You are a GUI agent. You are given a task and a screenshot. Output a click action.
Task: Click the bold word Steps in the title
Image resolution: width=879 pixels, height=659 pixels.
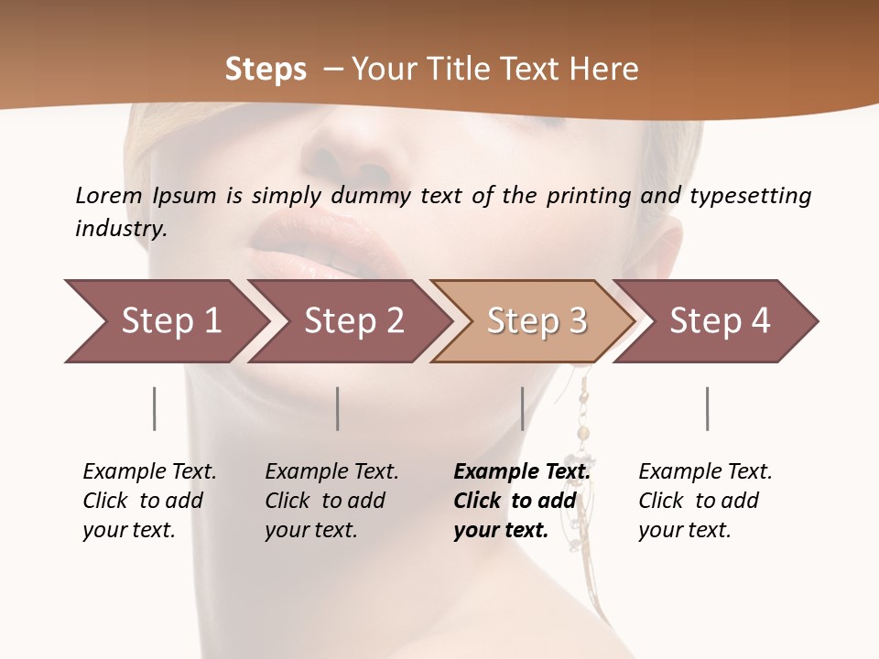click(x=266, y=70)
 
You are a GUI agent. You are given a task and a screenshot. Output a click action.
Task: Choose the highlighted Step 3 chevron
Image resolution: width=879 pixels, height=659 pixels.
click(x=537, y=321)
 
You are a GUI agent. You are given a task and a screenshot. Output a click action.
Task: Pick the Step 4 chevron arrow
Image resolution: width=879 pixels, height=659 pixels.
click(x=720, y=321)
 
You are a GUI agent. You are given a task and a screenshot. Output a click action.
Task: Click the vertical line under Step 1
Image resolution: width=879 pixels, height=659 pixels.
click(x=155, y=408)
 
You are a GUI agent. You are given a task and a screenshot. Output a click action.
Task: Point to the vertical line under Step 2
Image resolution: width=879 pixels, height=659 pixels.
click(x=338, y=408)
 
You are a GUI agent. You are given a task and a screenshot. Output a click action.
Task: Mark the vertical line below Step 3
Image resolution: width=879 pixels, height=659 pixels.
click(x=522, y=408)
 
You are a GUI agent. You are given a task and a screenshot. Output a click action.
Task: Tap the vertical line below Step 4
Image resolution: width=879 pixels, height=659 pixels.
click(x=707, y=408)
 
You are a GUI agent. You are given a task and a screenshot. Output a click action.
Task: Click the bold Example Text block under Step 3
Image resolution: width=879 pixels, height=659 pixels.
click(x=521, y=501)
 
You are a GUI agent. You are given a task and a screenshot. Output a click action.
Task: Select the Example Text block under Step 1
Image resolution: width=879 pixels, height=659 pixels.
click(x=149, y=501)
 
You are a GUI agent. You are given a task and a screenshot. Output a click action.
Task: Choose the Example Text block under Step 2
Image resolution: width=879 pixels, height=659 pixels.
click(x=331, y=501)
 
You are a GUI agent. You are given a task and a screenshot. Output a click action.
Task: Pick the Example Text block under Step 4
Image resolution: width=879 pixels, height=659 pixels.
click(x=705, y=501)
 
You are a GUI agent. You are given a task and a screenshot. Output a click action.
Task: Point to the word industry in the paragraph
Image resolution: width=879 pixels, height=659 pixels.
click(x=121, y=229)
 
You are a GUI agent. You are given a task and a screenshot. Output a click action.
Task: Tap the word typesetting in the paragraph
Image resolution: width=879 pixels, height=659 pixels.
click(x=750, y=196)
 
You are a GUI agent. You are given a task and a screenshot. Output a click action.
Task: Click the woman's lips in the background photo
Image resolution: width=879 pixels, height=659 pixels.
click(x=320, y=243)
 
